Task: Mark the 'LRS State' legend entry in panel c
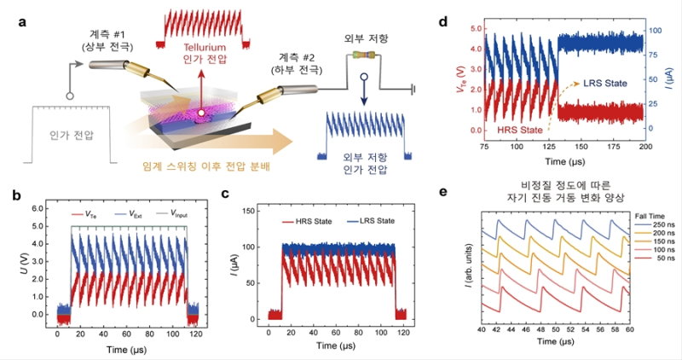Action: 370,221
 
